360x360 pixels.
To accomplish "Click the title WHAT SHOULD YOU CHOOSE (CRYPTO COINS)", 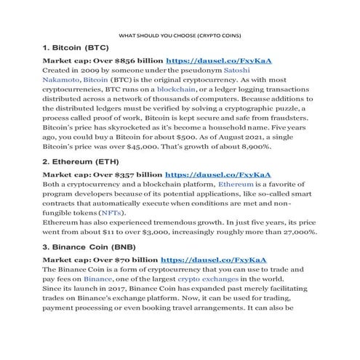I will coord(179,35).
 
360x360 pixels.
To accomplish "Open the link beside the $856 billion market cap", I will coord(219,62).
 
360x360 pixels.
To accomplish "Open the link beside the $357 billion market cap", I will coord(218,175).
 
